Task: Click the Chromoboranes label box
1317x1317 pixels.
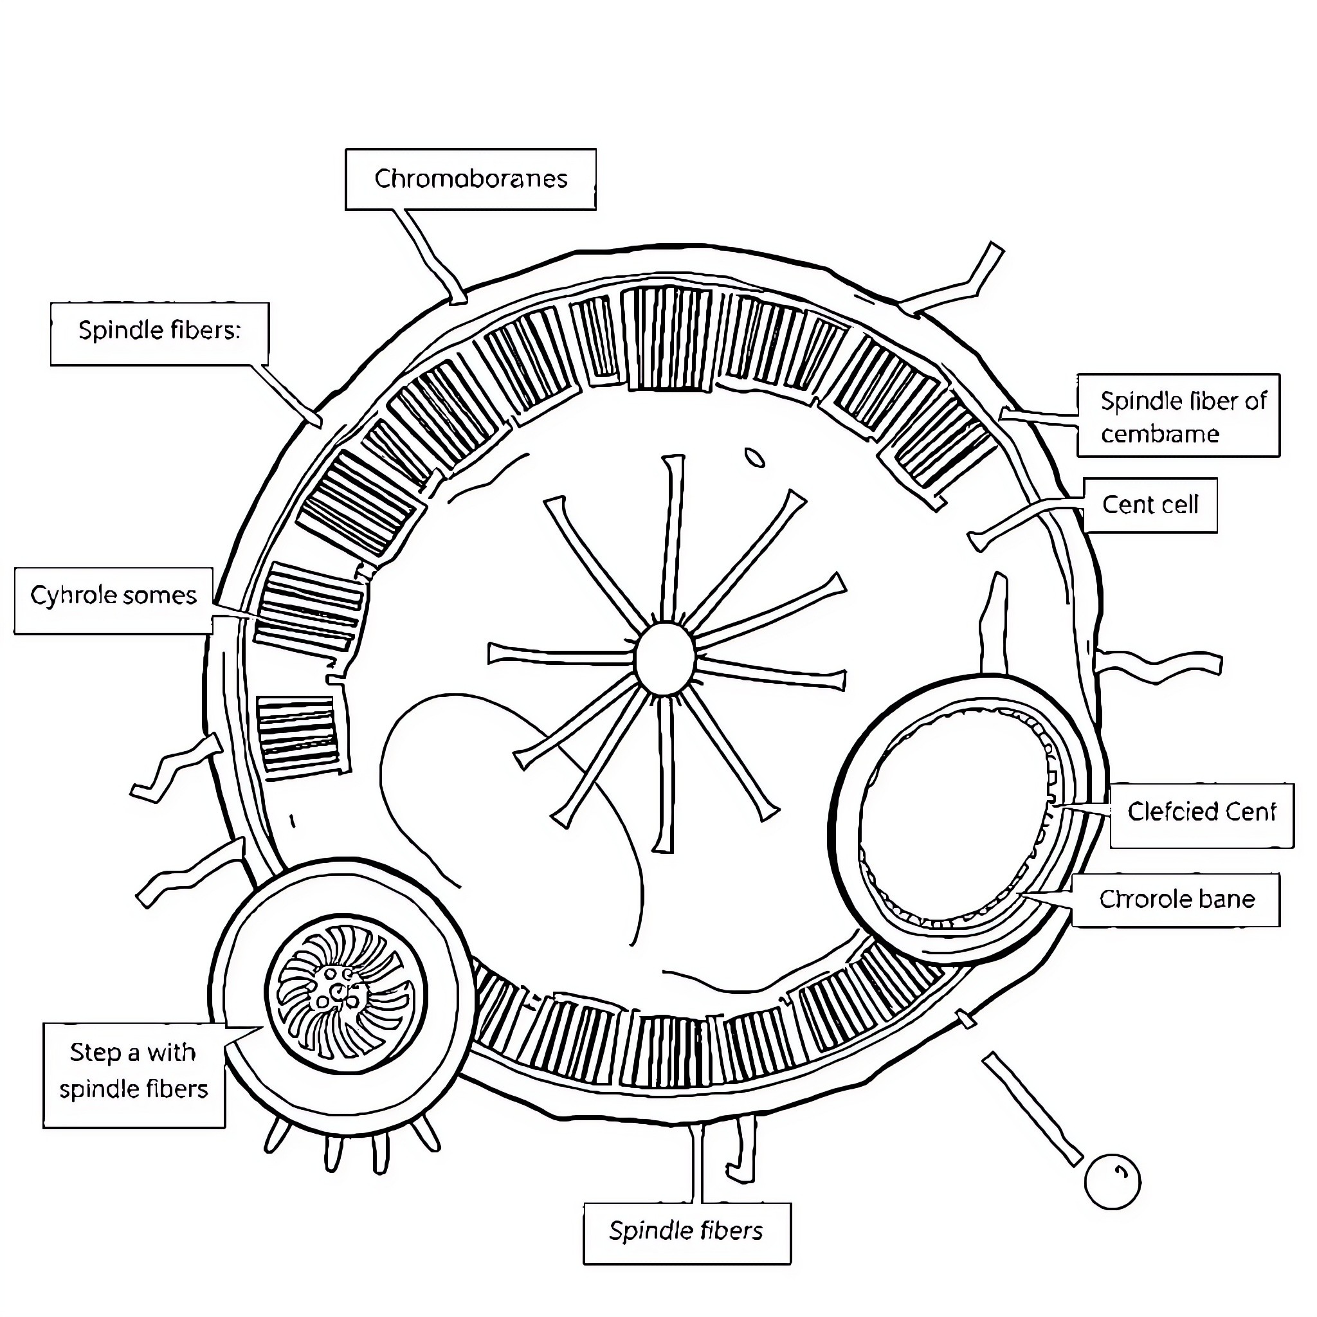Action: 470,179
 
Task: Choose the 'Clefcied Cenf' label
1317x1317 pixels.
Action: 1201,813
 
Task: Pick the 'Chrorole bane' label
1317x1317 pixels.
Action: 1177,900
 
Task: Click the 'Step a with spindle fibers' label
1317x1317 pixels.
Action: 134,1071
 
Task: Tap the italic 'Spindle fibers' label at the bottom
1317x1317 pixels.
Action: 686,1231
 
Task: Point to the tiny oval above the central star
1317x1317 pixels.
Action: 754,457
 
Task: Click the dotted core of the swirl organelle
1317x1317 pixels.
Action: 336,990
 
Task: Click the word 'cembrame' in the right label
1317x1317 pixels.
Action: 1159,434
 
